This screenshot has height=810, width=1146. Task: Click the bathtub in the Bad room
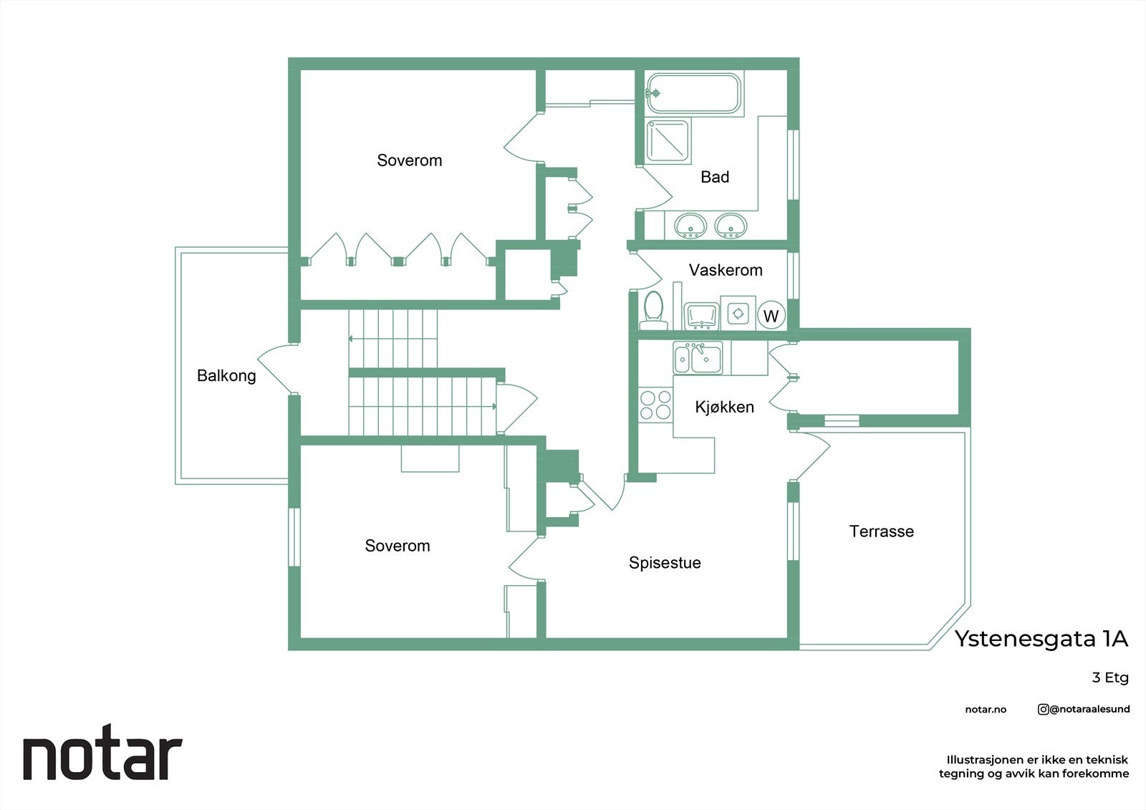tap(694, 93)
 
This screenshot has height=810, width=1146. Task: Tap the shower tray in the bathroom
tap(668, 141)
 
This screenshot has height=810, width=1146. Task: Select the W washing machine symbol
tap(771, 316)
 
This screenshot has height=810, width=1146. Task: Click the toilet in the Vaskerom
tap(653, 310)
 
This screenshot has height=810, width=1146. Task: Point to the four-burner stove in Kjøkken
tap(655, 405)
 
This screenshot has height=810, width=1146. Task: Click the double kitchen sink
tap(698, 357)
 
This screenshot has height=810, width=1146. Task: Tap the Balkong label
tap(226, 375)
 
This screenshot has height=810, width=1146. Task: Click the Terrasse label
tap(881, 531)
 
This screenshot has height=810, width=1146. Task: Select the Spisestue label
tap(665, 563)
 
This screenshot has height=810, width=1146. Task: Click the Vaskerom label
tap(726, 270)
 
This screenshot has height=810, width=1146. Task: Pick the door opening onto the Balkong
tap(274, 369)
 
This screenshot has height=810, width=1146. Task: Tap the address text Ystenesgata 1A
tap(1041, 639)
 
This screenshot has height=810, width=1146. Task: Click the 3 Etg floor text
tap(1109, 678)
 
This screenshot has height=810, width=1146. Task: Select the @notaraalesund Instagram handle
tap(1084, 709)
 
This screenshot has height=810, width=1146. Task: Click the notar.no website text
tap(986, 710)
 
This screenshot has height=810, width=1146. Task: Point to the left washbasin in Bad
tap(690, 226)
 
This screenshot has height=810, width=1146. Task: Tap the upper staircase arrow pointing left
tap(353, 338)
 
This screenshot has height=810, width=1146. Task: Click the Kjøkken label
tap(724, 407)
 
